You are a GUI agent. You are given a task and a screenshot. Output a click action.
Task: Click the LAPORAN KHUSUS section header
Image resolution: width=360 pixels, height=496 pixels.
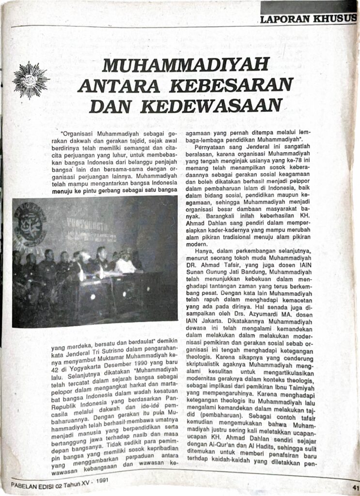tap(308, 19)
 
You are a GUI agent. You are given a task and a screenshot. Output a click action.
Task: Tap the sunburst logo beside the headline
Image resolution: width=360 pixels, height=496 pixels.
tap(31, 80)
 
